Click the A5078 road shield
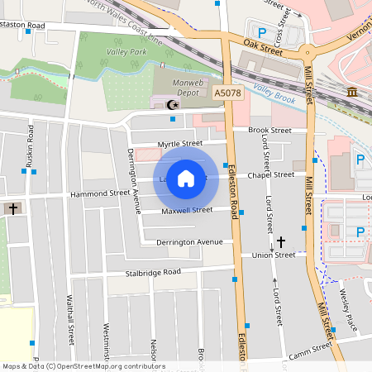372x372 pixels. coord(227,94)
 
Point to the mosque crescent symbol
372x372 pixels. coord(172,105)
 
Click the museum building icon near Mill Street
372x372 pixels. coord(352,91)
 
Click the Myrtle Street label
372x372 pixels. coord(180,144)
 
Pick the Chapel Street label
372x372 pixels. coord(271,175)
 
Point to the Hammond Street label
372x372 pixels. coord(100,193)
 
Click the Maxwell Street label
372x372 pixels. coord(187,210)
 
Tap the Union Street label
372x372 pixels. coord(274,255)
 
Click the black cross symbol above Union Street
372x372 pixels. coord(281,241)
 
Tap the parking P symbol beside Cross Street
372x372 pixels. coord(263,32)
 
